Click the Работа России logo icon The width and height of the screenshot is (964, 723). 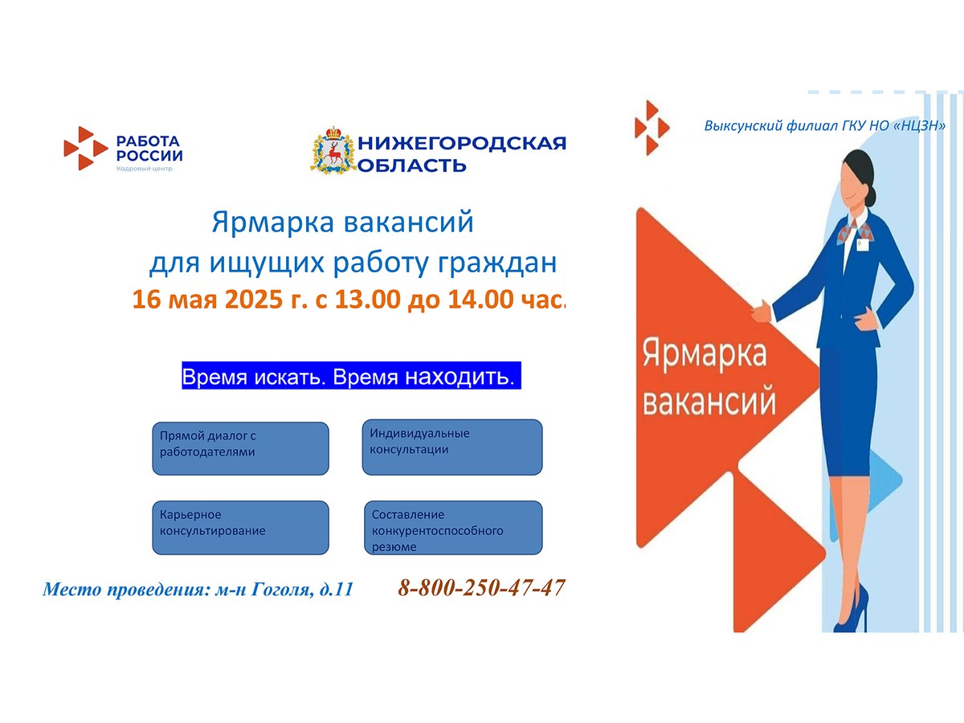point(85,148)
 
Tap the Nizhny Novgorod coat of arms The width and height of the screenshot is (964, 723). point(332,150)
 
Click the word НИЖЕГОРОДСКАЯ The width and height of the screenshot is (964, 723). point(461,143)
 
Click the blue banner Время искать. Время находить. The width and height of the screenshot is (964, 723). point(351,376)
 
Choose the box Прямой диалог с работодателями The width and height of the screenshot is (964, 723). point(240,448)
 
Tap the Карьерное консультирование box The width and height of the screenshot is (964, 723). point(240,527)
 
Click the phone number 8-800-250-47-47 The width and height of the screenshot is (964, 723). point(481,588)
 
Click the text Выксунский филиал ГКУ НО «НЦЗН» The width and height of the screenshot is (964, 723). point(824,126)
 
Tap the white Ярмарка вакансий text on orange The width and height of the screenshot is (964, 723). point(707,377)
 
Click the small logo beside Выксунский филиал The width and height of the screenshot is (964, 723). point(651,126)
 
